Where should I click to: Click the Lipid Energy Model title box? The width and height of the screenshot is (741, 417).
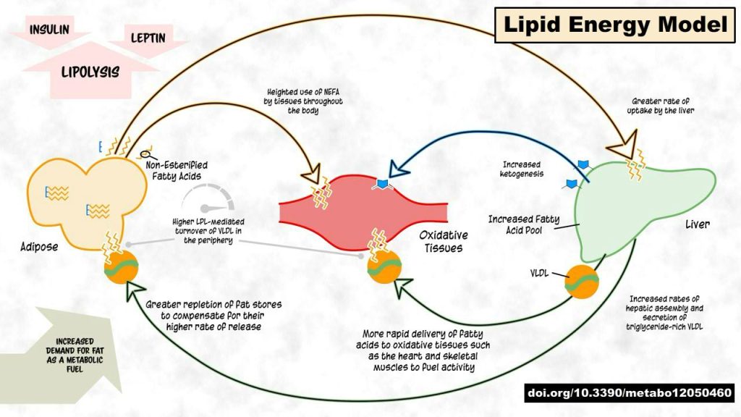click(614, 25)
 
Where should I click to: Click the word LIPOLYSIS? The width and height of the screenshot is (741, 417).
click(90, 72)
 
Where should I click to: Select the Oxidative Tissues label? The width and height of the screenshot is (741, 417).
click(443, 242)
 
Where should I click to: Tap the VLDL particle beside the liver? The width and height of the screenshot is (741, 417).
click(582, 282)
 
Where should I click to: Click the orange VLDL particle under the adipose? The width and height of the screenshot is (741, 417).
click(121, 268)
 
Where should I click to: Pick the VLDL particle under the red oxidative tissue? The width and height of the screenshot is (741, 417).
click(384, 268)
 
